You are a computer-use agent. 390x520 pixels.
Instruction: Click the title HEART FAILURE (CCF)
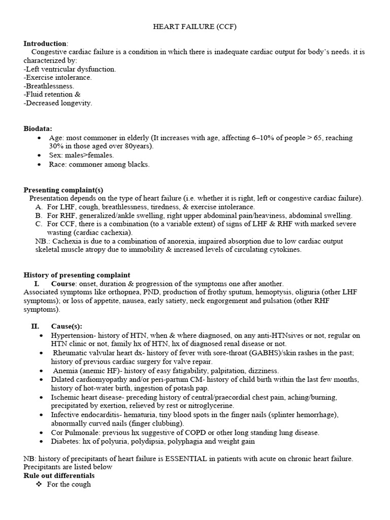(195, 27)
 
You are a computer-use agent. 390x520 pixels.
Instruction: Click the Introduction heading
(45, 43)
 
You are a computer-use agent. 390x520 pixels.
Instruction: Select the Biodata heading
(38, 129)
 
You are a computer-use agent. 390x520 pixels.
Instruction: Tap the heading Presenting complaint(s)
(63, 190)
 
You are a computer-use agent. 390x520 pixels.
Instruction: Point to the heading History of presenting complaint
(77, 275)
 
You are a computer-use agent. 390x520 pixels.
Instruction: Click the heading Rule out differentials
(59, 476)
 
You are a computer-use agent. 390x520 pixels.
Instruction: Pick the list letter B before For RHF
(39, 215)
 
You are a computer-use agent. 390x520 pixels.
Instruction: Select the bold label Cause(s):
(67, 327)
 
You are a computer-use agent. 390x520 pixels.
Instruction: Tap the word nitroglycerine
(210, 406)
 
